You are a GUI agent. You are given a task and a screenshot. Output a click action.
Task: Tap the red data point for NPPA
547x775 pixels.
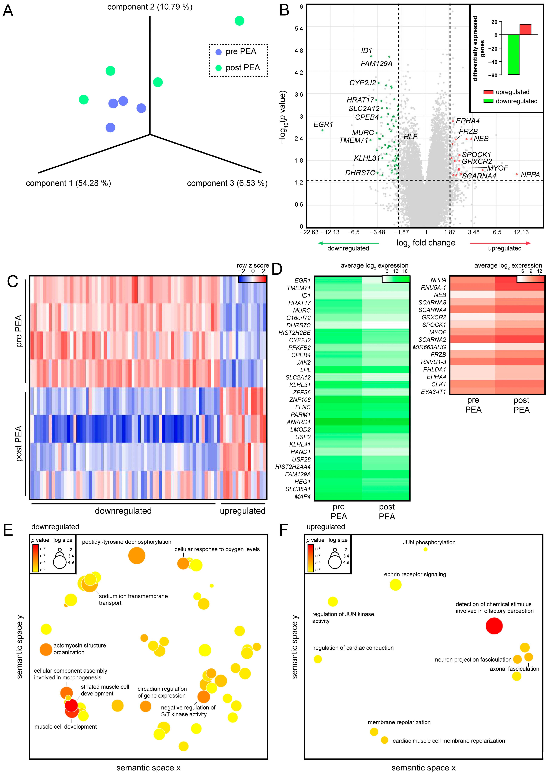click(x=516, y=174)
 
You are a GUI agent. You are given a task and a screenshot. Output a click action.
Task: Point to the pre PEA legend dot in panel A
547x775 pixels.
click(x=219, y=52)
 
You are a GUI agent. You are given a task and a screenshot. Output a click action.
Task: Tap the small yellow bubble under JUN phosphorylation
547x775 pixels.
click(x=425, y=549)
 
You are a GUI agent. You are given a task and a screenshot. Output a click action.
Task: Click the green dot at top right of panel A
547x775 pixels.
click(x=239, y=21)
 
